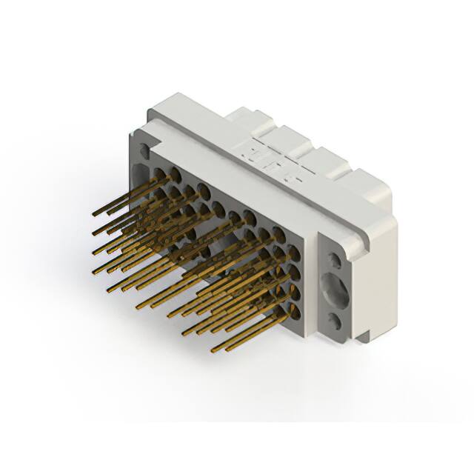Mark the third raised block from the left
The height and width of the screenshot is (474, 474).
tap(327, 155)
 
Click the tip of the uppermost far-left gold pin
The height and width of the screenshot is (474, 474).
tap(95, 214)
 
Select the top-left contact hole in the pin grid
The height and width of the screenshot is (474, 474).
tap(158, 172)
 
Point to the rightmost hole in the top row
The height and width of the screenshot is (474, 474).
tap(295, 236)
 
